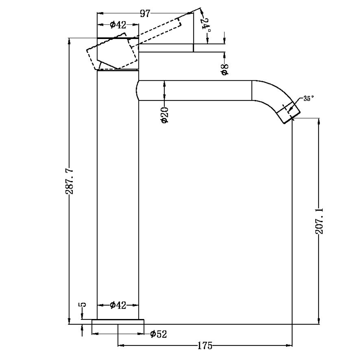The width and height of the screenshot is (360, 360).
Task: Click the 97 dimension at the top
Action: (x=145, y=13)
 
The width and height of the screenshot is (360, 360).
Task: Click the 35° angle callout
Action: (x=308, y=98)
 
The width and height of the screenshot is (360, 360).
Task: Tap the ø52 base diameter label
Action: (x=158, y=334)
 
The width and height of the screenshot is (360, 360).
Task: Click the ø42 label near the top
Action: (x=118, y=25)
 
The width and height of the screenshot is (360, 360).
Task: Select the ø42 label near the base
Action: (x=118, y=305)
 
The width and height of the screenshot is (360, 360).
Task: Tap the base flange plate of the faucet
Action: (x=118, y=321)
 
